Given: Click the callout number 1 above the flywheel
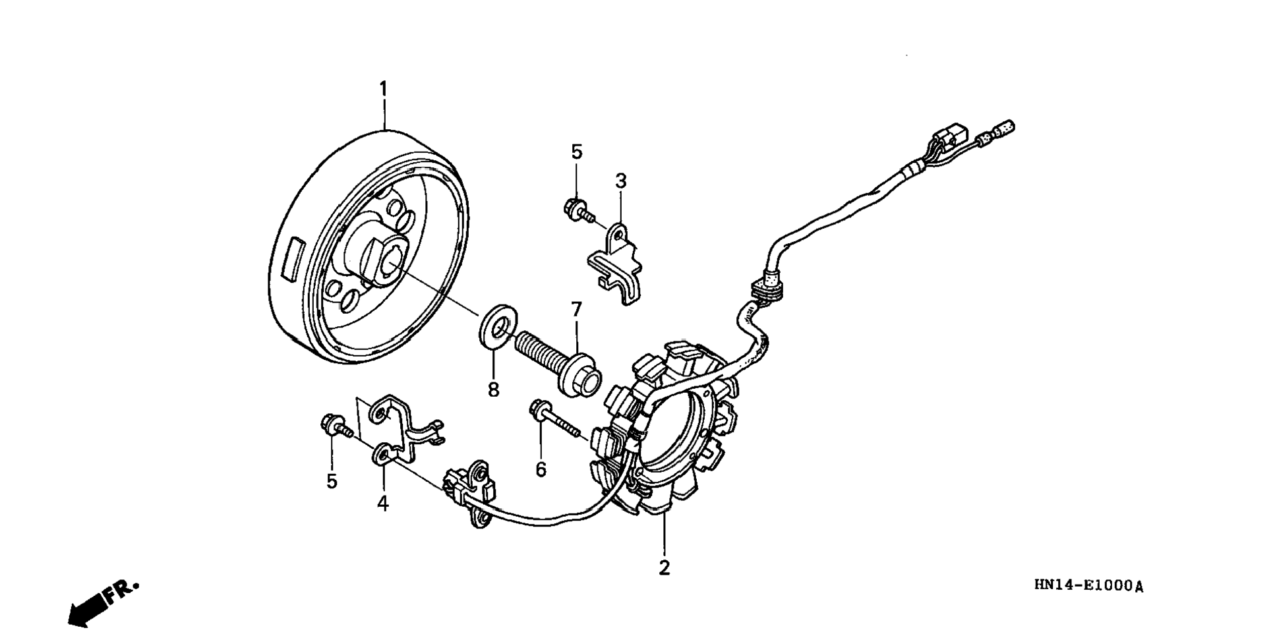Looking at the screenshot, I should (383, 89).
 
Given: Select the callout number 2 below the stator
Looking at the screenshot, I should (664, 567).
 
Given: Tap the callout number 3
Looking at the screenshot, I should (620, 181).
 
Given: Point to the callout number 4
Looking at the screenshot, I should (383, 504).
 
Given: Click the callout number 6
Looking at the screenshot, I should (541, 470).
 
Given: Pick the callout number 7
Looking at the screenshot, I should (576, 309).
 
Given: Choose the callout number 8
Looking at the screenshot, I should (493, 390).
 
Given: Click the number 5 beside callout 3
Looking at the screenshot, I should (577, 152).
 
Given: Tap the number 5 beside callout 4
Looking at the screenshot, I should (332, 481).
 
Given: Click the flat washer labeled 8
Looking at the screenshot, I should (496, 324).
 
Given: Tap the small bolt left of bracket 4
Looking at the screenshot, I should (334, 425).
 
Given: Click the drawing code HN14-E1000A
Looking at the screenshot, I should (1088, 585).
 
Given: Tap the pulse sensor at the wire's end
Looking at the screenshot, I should (469, 492).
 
